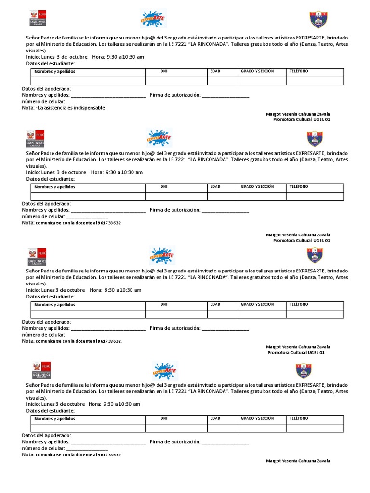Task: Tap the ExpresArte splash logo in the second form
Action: (x=159, y=137)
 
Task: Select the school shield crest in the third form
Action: (x=315, y=255)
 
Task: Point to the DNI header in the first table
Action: (x=164, y=71)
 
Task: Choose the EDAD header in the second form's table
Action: (x=215, y=186)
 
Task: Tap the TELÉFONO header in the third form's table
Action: (x=299, y=304)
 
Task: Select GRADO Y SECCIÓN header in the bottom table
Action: (x=257, y=418)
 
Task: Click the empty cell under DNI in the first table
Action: (x=176, y=81)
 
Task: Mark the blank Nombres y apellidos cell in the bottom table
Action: (x=88, y=428)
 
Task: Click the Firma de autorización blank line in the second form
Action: (x=225, y=211)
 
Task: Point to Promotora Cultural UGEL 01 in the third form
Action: (x=296, y=353)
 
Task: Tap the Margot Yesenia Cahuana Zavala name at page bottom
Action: (x=298, y=461)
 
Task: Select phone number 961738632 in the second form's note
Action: (x=109, y=223)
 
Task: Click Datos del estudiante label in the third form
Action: (x=50, y=297)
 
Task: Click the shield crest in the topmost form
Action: (x=318, y=19)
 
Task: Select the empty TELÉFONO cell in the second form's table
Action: (x=315, y=196)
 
